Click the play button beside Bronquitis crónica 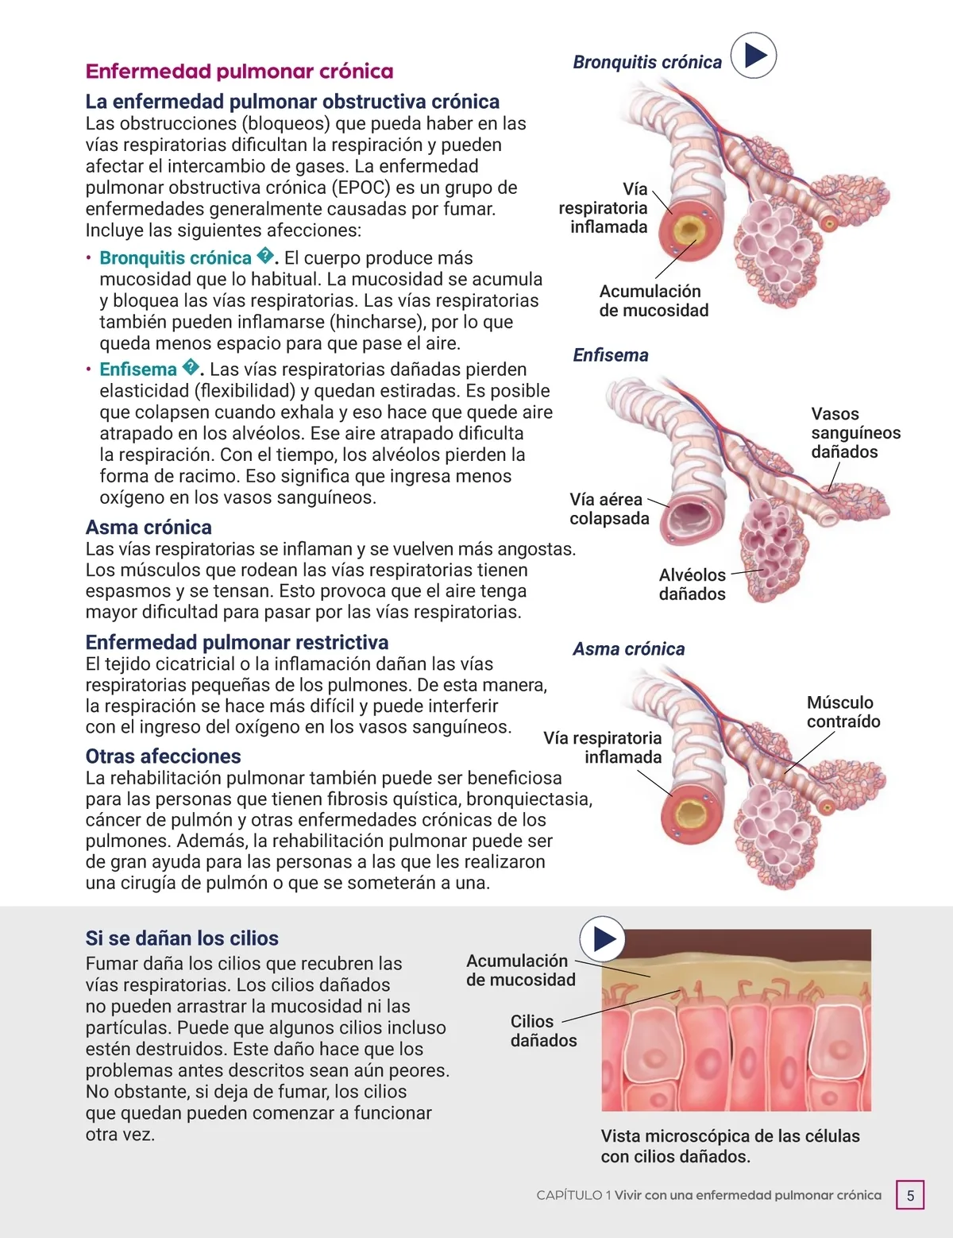(x=753, y=55)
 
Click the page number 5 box (x=910, y=1195)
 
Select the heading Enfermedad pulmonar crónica (x=239, y=72)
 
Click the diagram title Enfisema (x=610, y=355)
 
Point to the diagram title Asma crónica (x=628, y=649)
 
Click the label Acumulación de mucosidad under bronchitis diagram (x=653, y=301)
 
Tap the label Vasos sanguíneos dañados (x=855, y=433)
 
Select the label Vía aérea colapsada (x=608, y=509)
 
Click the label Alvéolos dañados (x=692, y=584)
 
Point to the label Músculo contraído (x=843, y=712)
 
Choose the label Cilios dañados (x=543, y=1031)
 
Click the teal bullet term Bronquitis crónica (x=175, y=258)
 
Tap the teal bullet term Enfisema (x=138, y=369)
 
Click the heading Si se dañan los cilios (x=182, y=938)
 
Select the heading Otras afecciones (x=163, y=756)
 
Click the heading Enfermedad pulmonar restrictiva (x=237, y=642)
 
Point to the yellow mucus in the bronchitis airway (x=688, y=231)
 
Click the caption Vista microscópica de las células (x=730, y=1136)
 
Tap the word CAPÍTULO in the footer (x=569, y=1195)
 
